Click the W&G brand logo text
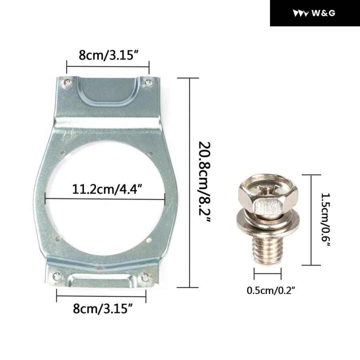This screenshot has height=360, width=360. [324, 13]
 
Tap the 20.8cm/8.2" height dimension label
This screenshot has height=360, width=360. [204, 182]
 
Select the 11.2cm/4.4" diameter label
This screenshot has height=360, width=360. [106, 189]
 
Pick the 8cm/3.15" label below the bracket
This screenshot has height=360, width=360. [103, 308]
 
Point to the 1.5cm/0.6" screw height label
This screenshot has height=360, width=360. [326, 220]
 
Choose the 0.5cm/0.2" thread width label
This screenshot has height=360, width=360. [270, 290]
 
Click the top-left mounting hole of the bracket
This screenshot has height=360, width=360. [67, 82]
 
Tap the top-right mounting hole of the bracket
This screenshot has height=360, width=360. [148, 82]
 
